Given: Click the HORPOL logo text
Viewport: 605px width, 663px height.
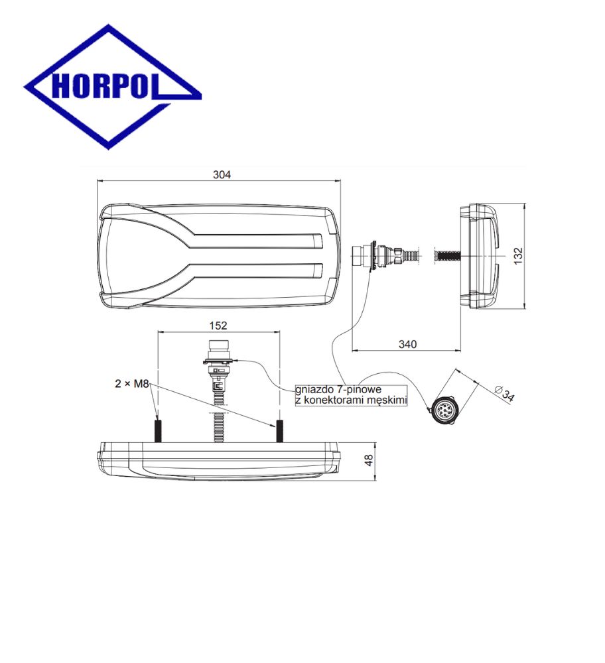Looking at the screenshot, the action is coord(105,86).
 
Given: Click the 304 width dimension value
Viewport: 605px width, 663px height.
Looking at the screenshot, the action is coord(222,174).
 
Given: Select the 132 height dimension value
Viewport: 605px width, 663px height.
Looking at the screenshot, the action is coord(518,256).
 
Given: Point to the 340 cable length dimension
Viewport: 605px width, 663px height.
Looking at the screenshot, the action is coord(407,344).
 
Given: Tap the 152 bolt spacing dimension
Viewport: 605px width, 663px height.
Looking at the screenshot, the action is coord(218,325).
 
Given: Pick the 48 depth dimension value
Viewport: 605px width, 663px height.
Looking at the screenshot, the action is coord(368,461).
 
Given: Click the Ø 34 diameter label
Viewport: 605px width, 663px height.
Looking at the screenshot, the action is coord(504,393).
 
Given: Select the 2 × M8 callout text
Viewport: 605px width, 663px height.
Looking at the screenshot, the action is coord(131,383).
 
